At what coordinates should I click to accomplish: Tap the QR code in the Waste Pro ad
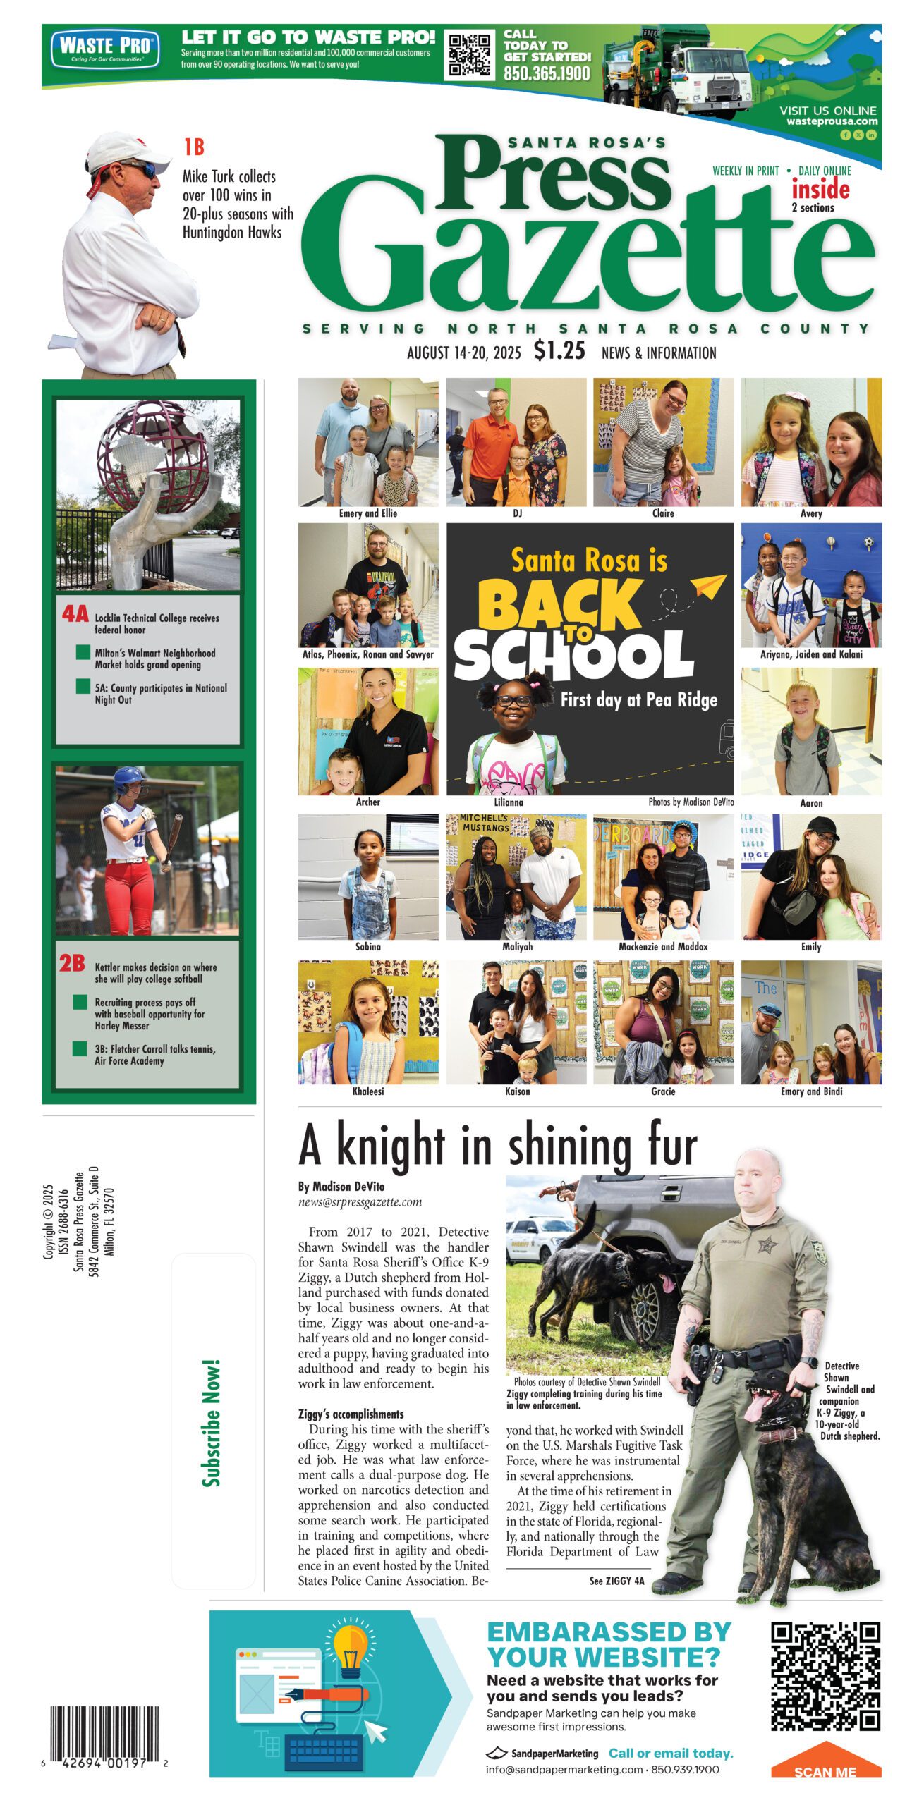coord(470,54)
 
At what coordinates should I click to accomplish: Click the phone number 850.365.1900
coord(547,73)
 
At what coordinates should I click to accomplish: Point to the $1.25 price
coord(559,350)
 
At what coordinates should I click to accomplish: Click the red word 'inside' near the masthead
coord(820,189)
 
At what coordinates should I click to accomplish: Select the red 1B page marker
coord(194,147)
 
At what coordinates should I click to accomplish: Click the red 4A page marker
coord(75,614)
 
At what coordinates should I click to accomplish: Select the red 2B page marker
coord(72,963)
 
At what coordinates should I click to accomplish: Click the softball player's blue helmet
coord(129,780)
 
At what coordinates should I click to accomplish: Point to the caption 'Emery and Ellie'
coord(367,513)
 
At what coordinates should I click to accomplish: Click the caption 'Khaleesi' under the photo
coord(367,1091)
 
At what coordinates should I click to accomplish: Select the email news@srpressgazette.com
coord(360,1202)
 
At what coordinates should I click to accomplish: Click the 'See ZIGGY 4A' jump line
coord(616,1581)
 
